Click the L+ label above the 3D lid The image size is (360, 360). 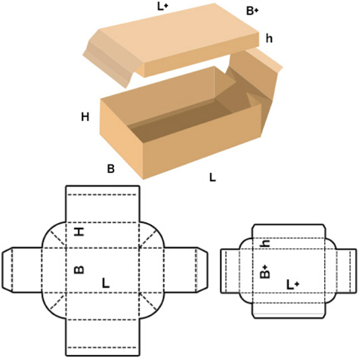tap(162, 6)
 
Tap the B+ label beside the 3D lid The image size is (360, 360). tap(252, 11)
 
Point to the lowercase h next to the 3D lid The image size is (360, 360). tap(269, 38)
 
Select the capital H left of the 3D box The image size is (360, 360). tap(85, 117)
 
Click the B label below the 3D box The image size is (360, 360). tap(110, 169)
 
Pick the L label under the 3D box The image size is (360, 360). tap(212, 177)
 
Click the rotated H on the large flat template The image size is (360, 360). tap(79, 232)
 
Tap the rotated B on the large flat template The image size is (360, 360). tap(79, 270)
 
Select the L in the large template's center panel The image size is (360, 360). tap(105, 283)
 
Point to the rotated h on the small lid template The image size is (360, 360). tap(264, 244)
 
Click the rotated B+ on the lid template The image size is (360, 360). tap(265, 271)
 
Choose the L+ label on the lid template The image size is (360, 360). tap(293, 285)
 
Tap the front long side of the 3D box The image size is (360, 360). tap(202, 141)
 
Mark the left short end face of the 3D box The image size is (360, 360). tap(121, 139)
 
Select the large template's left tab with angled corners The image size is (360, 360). tap(22, 270)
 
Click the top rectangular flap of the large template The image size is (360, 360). tap(103, 204)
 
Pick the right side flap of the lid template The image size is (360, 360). tap(346, 271)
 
